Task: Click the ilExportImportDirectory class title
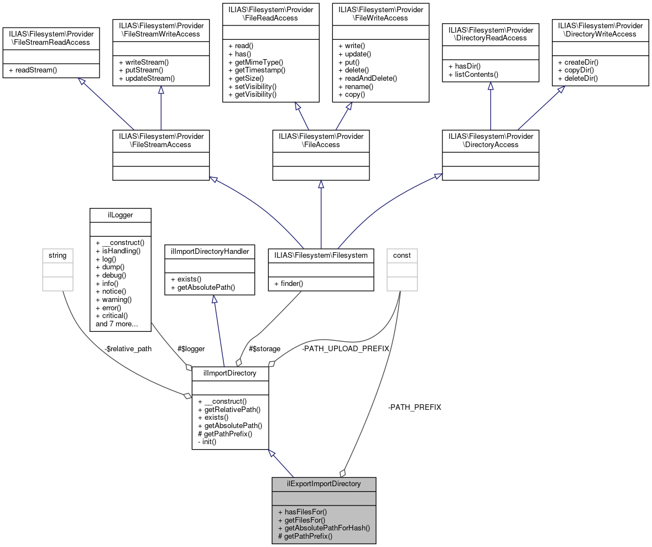click(324, 483)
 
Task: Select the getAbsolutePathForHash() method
click(324, 528)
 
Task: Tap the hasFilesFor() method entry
click(302, 512)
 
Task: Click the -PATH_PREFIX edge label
click(414, 407)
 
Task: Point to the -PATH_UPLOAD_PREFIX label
click(345, 348)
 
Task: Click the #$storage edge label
click(264, 348)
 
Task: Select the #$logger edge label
click(191, 348)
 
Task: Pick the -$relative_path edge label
click(127, 348)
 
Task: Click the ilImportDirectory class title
click(230, 373)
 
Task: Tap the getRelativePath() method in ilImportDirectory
click(229, 409)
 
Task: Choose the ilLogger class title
click(120, 215)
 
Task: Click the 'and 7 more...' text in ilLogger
click(117, 324)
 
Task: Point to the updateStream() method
click(147, 79)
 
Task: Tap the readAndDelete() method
click(367, 78)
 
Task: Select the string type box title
click(58, 255)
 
